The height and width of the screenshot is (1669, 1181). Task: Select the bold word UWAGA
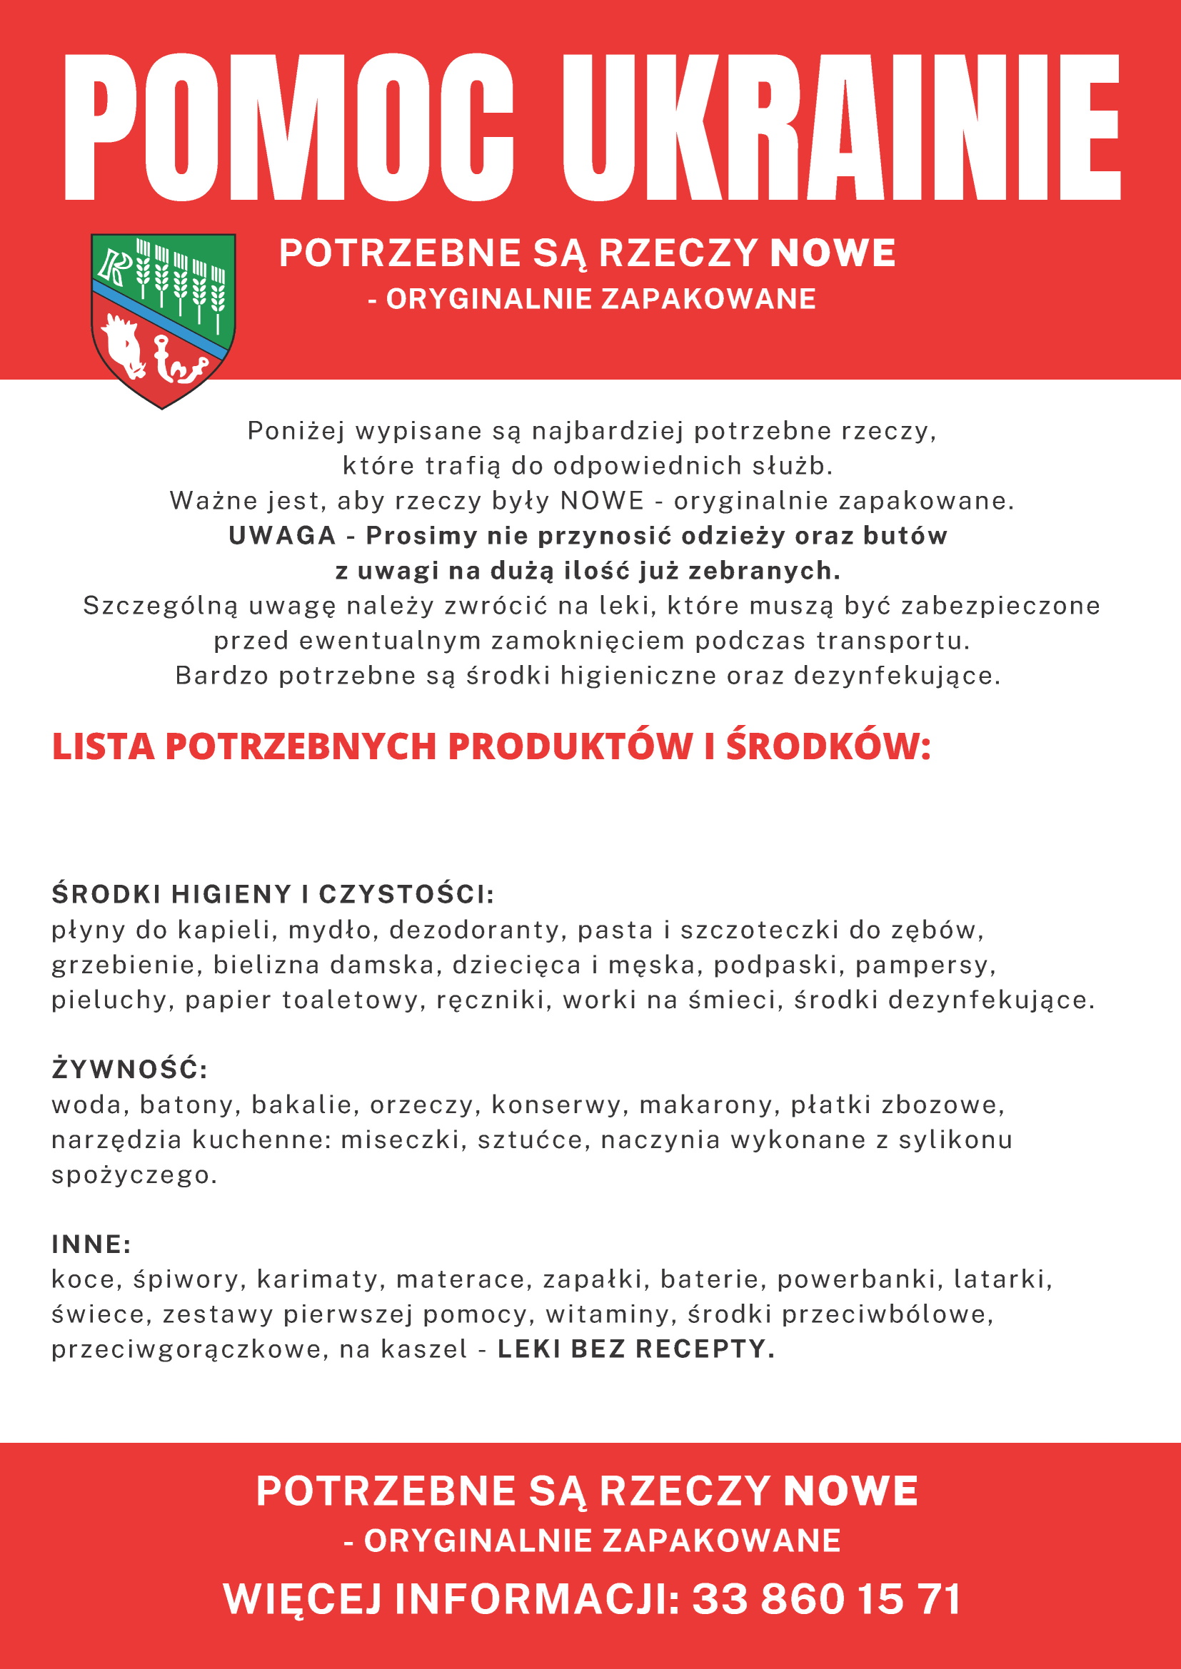click(282, 535)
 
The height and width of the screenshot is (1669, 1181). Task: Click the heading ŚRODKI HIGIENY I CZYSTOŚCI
click(273, 894)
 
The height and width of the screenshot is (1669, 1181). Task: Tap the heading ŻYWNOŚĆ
click(129, 1070)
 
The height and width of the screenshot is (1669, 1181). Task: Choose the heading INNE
click(91, 1244)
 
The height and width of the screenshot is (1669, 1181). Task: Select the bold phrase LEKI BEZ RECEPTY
click(636, 1349)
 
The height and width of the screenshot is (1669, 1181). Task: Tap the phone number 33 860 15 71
click(827, 1599)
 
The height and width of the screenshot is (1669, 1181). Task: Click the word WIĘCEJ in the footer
click(303, 1599)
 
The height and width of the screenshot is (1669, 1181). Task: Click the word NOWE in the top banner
click(833, 253)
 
